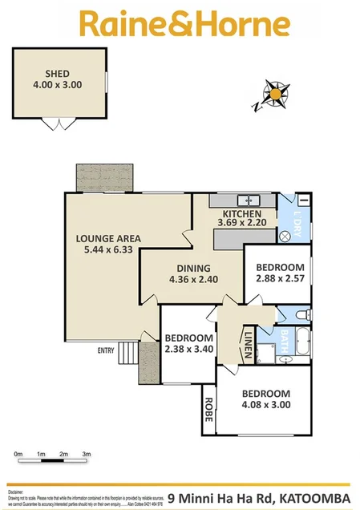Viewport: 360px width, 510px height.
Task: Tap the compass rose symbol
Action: click(275, 95)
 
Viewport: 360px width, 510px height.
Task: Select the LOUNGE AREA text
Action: click(108, 238)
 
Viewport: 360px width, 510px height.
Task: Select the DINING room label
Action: click(188, 268)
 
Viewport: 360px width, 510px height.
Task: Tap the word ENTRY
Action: click(106, 350)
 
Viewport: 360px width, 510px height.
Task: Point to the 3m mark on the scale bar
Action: click(86, 455)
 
